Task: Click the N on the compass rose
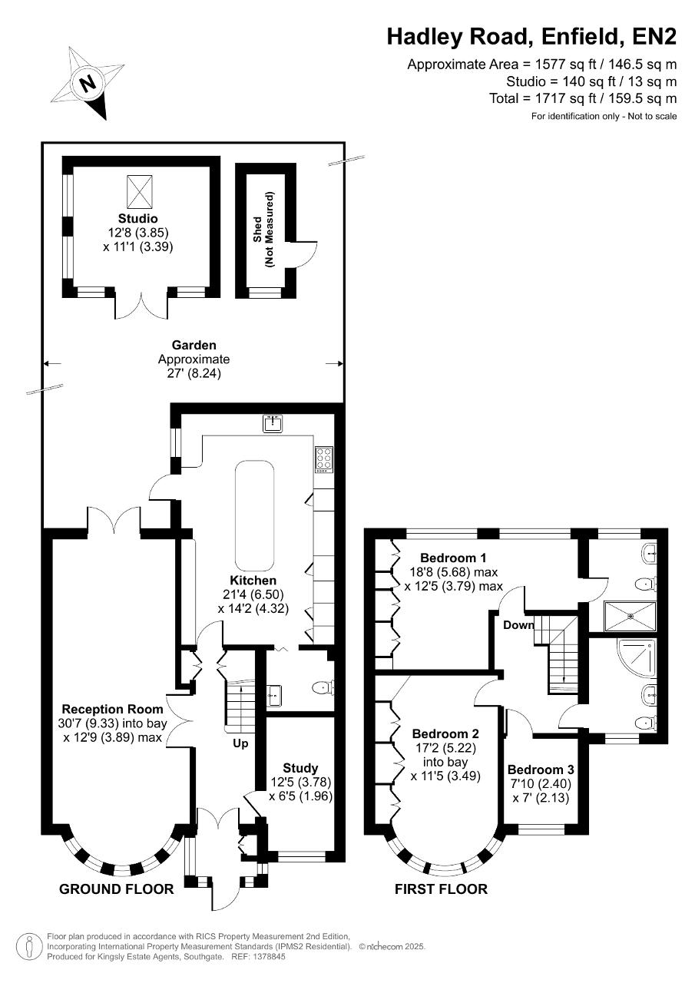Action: click(x=88, y=82)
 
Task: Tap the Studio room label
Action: click(x=137, y=218)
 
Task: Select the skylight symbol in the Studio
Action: click(x=140, y=191)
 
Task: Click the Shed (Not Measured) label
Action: click(x=263, y=230)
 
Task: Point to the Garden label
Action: click(x=194, y=345)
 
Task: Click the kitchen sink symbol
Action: click(x=273, y=423)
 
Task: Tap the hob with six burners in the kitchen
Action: click(x=324, y=459)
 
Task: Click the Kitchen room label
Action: click(x=253, y=580)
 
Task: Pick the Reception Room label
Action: click(x=112, y=709)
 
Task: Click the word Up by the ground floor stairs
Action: click(x=240, y=744)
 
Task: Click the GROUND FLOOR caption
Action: click(x=116, y=889)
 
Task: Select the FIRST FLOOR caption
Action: click(x=441, y=889)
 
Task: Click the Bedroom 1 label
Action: click(x=453, y=558)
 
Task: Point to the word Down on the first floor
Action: click(x=518, y=625)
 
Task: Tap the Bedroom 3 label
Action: click(x=541, y=770)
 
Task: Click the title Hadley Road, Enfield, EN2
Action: click(x=531, y=37)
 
